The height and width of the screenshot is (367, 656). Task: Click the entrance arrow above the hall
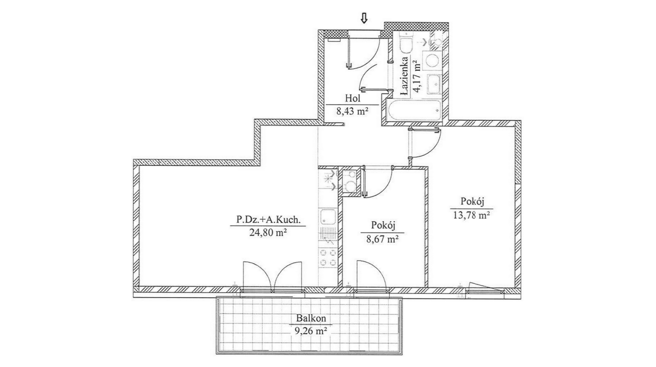pyautogui.click(x=364, y=18)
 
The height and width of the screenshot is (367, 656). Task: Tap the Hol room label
pyautogui.click(x=352, y=98)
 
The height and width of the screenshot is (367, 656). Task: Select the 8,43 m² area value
pyautogui.click(x=352, y=111)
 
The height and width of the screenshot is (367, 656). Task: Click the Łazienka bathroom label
pyautogui.click(x=404, y=77)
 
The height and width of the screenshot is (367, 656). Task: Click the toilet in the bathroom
pyautogui.click(x=405, y=42)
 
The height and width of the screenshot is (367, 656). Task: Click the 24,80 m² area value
pyautogui.click(x=268, y=232)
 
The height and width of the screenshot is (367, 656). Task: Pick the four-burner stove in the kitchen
pyautogui.click(x=328, y=257)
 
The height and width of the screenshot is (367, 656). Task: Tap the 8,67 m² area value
pyautogui.click(x=382, y=239)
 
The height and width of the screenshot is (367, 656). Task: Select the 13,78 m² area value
pyautogui.click(x=471, y=215)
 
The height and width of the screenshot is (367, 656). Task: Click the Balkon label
pyautogui.click(x=311, y=318)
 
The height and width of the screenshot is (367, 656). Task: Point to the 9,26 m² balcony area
pyautogui.click(x=311, y=331)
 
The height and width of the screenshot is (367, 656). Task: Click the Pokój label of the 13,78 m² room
pyautogui.click(x=472, y=201)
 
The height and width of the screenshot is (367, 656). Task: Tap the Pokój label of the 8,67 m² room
pyautogui.click(x=383, y=225)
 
